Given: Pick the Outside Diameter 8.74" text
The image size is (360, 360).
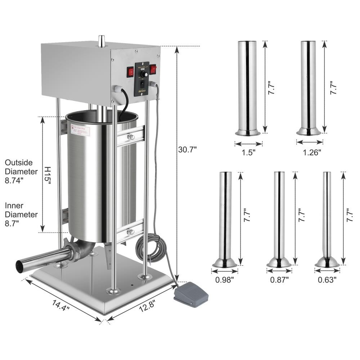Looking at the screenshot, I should (21, 172).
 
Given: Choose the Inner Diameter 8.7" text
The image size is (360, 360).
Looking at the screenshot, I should (21, 215).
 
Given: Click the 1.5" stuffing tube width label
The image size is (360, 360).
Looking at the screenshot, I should (248, 152).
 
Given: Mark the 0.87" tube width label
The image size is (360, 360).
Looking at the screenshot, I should (279, 279).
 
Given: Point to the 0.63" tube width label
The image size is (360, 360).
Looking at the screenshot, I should (327, 279).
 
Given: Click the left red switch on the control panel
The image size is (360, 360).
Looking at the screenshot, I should (130, 72).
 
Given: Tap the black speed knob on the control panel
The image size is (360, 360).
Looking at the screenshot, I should (143, 73).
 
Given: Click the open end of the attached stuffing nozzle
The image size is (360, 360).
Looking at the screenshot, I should (19, 266).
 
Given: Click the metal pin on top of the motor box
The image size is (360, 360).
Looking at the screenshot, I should (102, 41).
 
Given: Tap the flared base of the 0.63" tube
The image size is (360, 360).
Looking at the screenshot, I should (327, 263).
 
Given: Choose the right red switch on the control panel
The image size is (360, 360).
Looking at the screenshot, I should (153, 69).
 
